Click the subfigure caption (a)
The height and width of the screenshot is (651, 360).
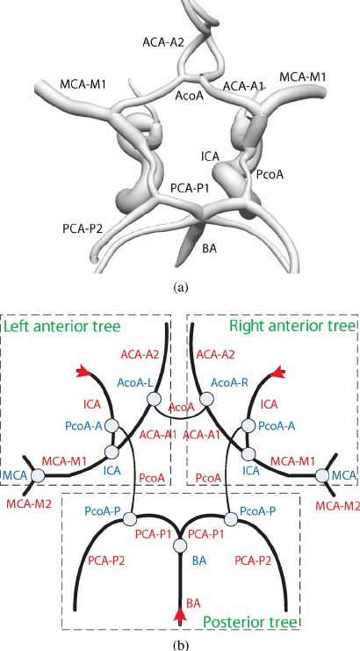[180, 286]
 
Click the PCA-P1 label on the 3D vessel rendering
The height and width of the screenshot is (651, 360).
[190, 186]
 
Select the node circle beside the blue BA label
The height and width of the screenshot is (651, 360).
[180, 546]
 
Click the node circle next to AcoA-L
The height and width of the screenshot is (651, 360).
[154, 400]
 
